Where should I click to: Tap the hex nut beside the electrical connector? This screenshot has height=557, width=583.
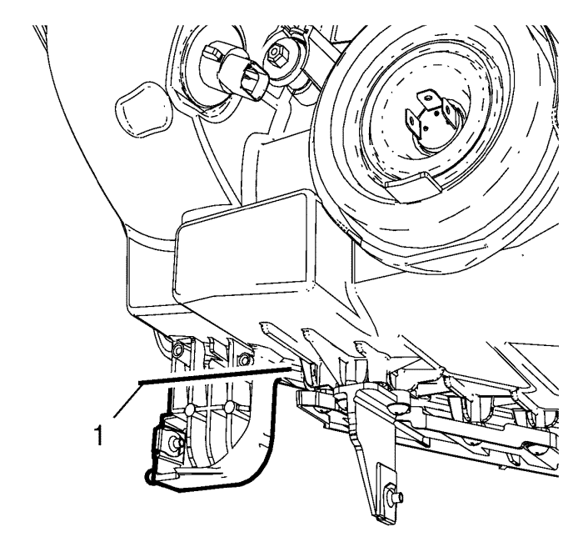(277, 56)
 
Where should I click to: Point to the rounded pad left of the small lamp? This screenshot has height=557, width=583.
(144, 110)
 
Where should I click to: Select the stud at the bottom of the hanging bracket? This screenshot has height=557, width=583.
(394, 496)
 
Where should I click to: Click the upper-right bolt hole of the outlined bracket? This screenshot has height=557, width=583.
(243, 360)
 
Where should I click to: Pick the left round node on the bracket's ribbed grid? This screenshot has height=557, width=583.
(189, 410)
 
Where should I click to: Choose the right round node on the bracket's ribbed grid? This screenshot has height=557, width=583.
(230, 406)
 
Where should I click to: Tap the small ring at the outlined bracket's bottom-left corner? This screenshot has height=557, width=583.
(149, 477)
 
